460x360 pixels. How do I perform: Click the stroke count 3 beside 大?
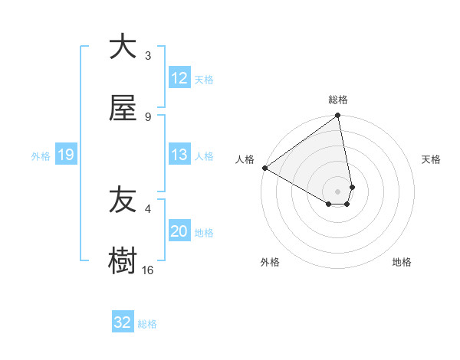[x=148, y=56]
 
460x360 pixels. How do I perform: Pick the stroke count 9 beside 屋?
[x=148, y=117]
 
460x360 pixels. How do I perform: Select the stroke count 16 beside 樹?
[x=148, y=270]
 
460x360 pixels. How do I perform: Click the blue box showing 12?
[x=179, y=78]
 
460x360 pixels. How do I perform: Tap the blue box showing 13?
[x=179, y=155]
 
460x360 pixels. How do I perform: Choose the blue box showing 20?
[x=179, y=232]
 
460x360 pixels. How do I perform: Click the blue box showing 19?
[x=65, y=155]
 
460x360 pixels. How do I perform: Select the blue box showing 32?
[x=123, y=322]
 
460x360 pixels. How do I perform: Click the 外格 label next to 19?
[x=41, y=156]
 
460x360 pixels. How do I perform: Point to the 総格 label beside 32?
[x=147, y=324]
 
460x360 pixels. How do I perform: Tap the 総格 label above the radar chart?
[x=338, y=100]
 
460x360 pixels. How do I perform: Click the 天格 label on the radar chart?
[x=431, y=159]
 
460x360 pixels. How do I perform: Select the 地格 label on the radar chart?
[x=402, y=263]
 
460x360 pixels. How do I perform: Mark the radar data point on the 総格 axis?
[x=338, y=116]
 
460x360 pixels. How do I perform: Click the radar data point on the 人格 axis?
[x=264, y=168]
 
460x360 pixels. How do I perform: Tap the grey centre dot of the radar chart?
[x=338, y=191]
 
